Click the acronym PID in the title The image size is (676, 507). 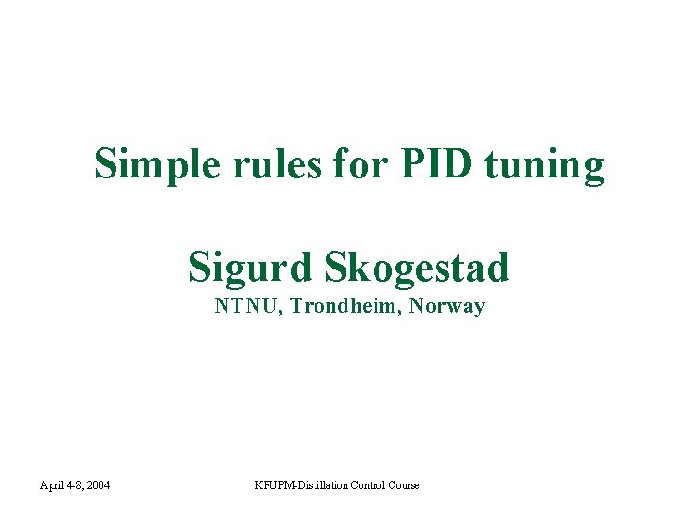pyautogui.click(x=435, y=165)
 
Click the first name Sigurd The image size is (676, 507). pyautogui.click(x=250, y=268)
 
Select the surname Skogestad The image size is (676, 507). pyautogui.click(x=416, y=268)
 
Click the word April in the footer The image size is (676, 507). pyautogui.click(x=53, y=485)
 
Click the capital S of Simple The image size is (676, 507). pyautogui.click(x=105, y=165)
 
